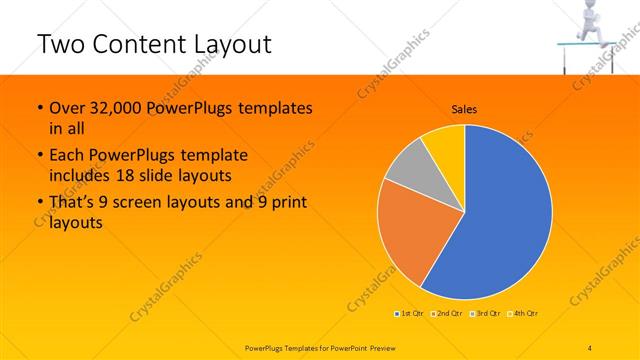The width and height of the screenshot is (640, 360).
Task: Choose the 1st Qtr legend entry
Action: (410, 314)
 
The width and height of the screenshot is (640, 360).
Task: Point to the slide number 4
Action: (590, 346)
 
